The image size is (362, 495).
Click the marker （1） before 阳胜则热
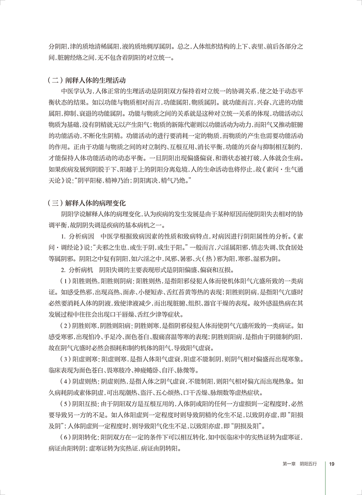(x=66, y=280)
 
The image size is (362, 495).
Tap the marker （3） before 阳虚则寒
(x=66, y=359)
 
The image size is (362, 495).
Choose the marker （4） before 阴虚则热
(x=66, y=381)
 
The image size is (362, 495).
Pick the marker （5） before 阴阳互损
(x=66, y=403)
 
